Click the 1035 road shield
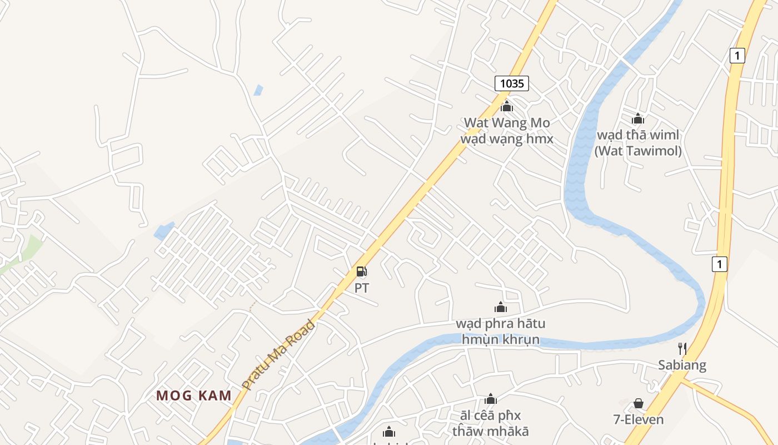511,83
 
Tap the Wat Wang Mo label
506,122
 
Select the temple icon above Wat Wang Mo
506,106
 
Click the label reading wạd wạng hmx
506,139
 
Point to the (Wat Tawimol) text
637,150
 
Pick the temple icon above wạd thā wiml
637,118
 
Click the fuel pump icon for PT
361,271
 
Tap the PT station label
361,288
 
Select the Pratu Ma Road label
278,354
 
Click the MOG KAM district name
193,395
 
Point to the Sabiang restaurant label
682,365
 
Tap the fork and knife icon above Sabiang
682,349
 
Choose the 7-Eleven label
638,419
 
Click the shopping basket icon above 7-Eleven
638,403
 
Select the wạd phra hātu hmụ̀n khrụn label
500,331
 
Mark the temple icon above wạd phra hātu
500,307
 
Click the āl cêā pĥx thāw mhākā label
490,423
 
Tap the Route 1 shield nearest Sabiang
719,264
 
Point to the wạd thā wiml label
637,135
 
